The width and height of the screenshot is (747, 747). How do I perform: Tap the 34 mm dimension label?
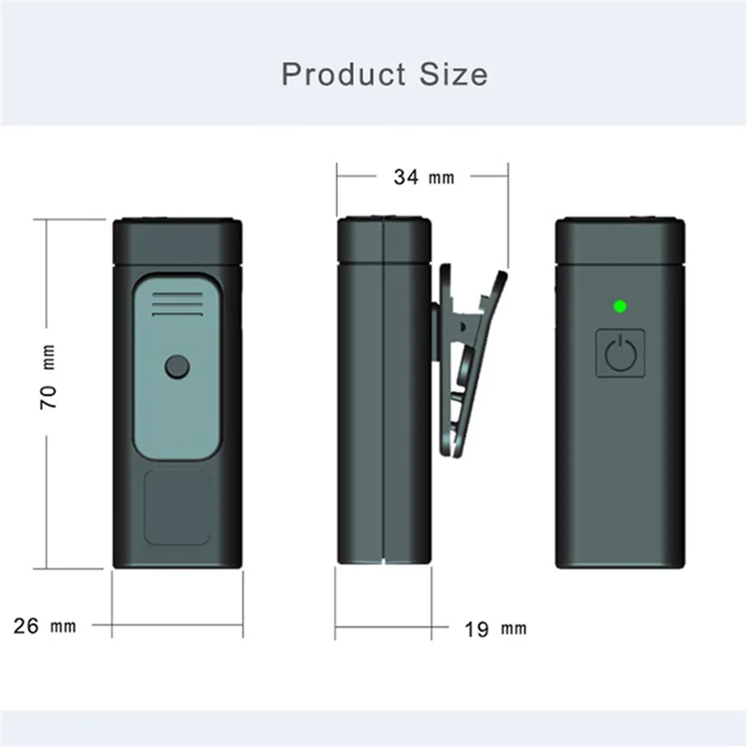pos(423,176)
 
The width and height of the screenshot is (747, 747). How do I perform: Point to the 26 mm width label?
pos(45,626)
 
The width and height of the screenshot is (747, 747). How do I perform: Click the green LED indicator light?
pos(618,305)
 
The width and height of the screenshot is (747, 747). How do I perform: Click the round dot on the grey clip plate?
pos(176,367)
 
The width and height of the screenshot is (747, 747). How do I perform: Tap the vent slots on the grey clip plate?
pos(176,304)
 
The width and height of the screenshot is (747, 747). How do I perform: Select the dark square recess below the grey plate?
pos(176,507)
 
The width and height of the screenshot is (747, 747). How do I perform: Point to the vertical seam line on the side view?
pos(383,392)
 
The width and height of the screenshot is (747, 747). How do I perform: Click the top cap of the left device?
pos(176,239)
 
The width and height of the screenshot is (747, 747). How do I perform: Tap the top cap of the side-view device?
pos(384,239)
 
